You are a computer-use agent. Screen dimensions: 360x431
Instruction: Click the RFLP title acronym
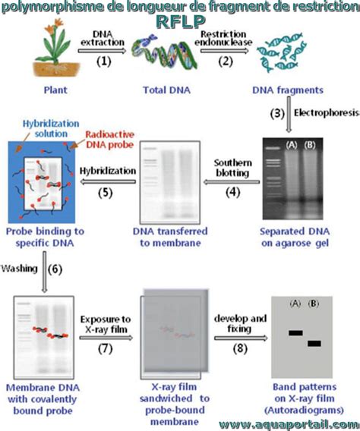pyautogui.click(x=182, y=22)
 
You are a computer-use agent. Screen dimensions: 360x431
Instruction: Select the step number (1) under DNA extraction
pyautogui.click(x=104, y=61)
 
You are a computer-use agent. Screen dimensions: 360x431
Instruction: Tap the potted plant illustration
pyautogui.click(x=56, y=48)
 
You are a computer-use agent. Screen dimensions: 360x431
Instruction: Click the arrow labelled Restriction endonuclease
pyautogui.click(x=225, y=51)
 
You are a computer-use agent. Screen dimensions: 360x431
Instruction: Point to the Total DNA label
pyautogui.click(x=166, y=90)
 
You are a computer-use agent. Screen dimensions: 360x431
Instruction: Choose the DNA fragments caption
pyautogui.click(x=288, y=90)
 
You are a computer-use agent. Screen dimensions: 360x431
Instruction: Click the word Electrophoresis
pyautogui.click(x=327, y=113)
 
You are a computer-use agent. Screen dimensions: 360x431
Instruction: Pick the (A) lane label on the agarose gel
pyautogui.click(x=292, y=145)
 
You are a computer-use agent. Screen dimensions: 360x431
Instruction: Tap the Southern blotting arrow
pyautogui.click(x=232, y=181)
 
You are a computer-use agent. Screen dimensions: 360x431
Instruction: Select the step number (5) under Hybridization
pyautogui.click(x=106, y=193)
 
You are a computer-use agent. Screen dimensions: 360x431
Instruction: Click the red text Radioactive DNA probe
pyautogui.click(x=110, y=140)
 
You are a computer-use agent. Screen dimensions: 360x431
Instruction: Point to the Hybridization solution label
pyautogui.click(x=51, y=129)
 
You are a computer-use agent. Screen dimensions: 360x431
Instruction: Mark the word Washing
pyautogui.click(x=19, y=269)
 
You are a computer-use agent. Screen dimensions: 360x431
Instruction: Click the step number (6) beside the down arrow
pyautogui.click(x=55, y=269)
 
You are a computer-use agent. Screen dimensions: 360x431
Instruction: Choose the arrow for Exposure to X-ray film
pyautogui.click(x=106, y=338)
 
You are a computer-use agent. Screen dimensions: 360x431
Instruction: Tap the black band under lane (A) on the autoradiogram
pyautogui.click(x=295, y=333)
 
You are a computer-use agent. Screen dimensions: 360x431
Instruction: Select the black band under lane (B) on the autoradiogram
pyautogui.click(x=314, y=343)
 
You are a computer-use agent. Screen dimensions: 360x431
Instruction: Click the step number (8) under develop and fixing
pyautogui.click(x=240, y=349)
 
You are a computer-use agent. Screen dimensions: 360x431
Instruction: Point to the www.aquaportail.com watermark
pyautogui.click(x=289, y=424)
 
